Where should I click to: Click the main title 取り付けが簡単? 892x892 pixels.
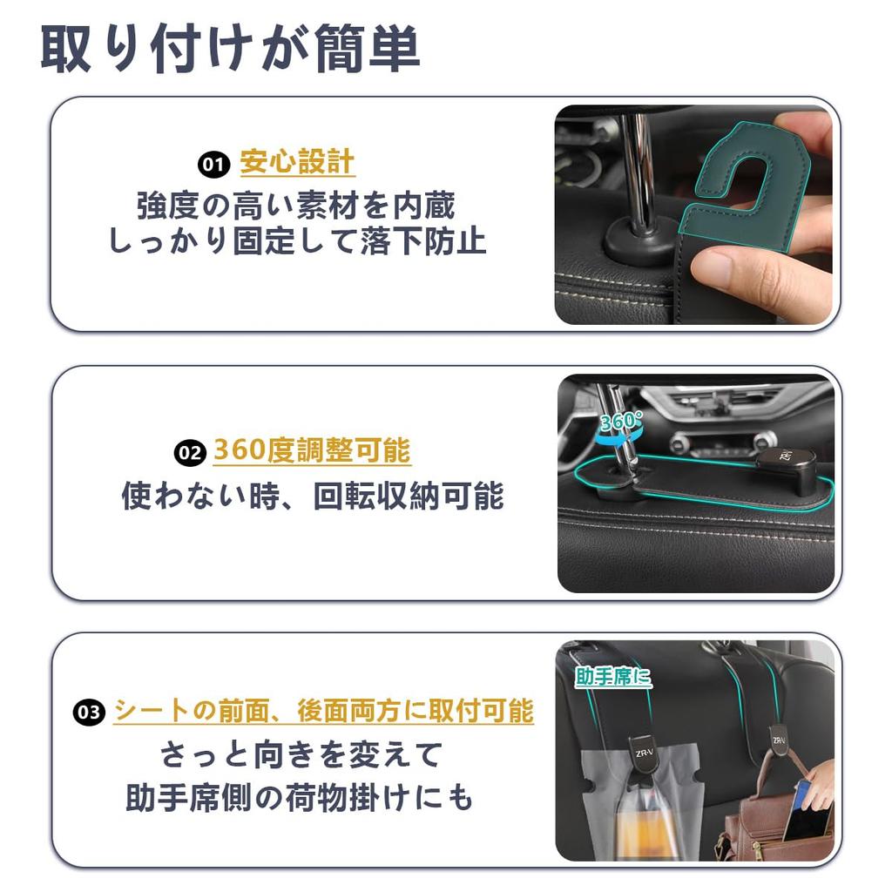click(x=231, y=49)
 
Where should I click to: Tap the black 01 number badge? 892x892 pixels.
click(x=213, y=164)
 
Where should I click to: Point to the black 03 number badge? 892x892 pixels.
click(x=89, y=713)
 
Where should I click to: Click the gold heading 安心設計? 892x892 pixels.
click(x=297, y=162)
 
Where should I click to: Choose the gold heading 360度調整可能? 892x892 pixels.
click(x=312, y=451)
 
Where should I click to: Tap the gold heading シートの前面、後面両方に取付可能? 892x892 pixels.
click(x=323, y=711)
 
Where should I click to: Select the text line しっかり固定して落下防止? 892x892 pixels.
click(x=296, y=241)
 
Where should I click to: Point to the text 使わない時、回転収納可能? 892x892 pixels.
click(x=312, y=496)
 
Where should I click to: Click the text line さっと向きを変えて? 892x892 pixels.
click(x=301, y=754)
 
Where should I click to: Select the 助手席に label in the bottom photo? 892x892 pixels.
click(x=613, y=677)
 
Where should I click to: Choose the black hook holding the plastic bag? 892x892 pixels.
click(x=643, y=753)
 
